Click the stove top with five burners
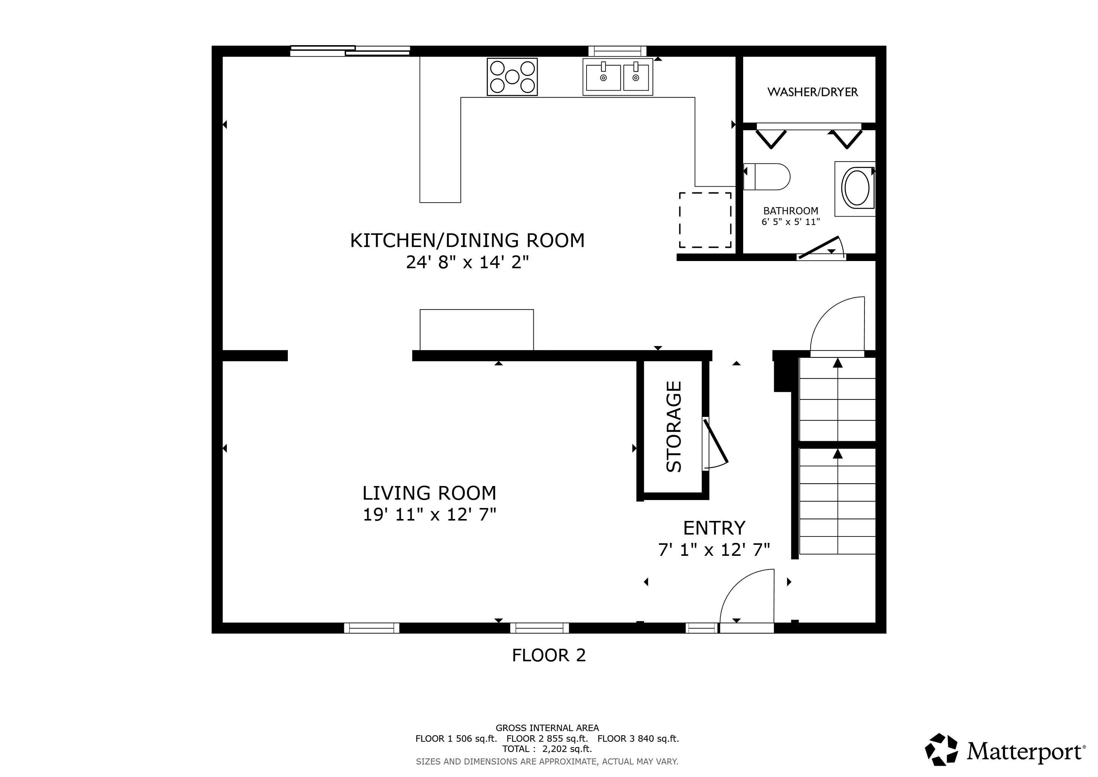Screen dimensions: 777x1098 tap(512, 77)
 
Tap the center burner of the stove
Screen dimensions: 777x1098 tap(512, 77)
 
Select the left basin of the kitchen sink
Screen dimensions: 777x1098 tap(602, 77)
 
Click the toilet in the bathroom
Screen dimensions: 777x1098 tap(767, 176)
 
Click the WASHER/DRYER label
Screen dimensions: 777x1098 tap(812, 92)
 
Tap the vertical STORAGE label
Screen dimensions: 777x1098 tap(674, 426)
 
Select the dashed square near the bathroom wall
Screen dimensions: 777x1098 tap(705, 220)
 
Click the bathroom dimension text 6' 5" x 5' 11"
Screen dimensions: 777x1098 tap(791, 222)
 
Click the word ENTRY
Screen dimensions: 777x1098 tap(714, 528)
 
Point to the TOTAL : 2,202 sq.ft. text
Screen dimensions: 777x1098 tap(547, 749)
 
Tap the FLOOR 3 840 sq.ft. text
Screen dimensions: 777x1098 tap(638, 739)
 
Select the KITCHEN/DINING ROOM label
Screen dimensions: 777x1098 tap(467, 241)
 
